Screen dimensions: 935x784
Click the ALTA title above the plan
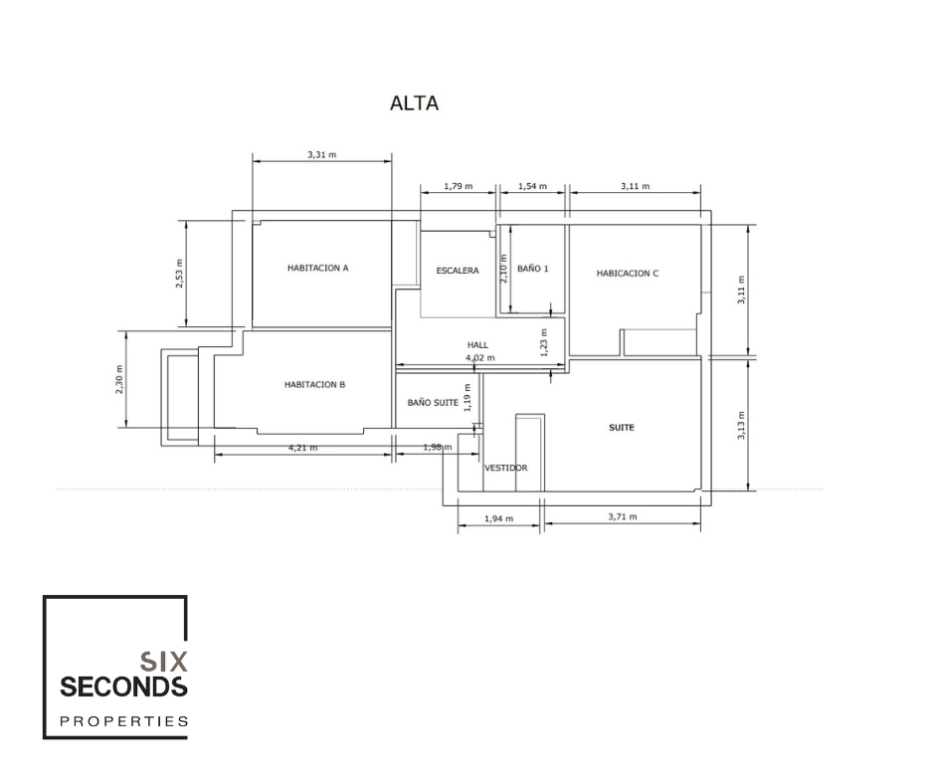pos(415,103)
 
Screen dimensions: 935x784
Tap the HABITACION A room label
pos(318,268)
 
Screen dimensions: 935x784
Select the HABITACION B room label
pos(315,385)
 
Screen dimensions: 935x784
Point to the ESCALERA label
pos(458,271)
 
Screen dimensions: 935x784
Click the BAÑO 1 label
pos(532,269)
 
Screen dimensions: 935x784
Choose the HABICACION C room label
pos(628,274)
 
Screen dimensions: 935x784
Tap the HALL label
pos(477,345)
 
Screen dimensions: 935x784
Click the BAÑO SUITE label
pos(433,403)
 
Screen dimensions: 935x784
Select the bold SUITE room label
pos(622,428)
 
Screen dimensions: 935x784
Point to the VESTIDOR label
pos(505,468)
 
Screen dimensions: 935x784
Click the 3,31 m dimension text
pos(322,154)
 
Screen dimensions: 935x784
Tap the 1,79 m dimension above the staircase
pos(458,186)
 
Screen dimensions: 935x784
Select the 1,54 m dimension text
pos(532,186)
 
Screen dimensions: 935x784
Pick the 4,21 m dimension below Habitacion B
pos(303,448)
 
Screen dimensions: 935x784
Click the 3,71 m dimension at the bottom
pos(623,516)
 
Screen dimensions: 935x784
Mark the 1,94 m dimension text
pos(498,518)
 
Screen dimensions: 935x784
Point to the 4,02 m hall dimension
pos(480,358)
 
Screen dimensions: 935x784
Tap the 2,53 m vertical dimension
pos(179,274)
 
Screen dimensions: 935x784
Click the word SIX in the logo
pos(163,662)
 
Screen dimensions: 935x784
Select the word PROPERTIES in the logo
pos(124,721)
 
